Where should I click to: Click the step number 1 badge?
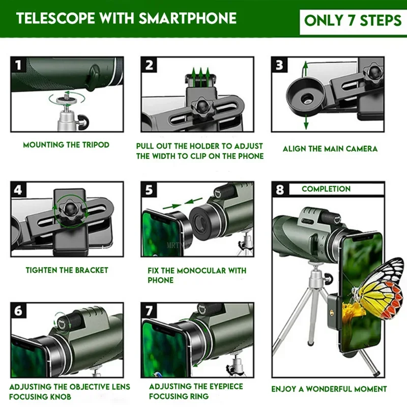(18, 65)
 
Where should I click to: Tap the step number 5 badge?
(149, 189)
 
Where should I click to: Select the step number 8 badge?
(279, 189)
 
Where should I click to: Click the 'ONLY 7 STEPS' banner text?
(353, 20)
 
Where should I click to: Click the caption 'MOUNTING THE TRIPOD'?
(66, 145)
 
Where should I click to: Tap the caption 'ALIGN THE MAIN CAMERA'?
(330, 149)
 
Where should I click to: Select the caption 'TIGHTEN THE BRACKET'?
(67, 270)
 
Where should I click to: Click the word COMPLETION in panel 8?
(326, 189)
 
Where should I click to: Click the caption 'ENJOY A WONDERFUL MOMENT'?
(329, 389)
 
